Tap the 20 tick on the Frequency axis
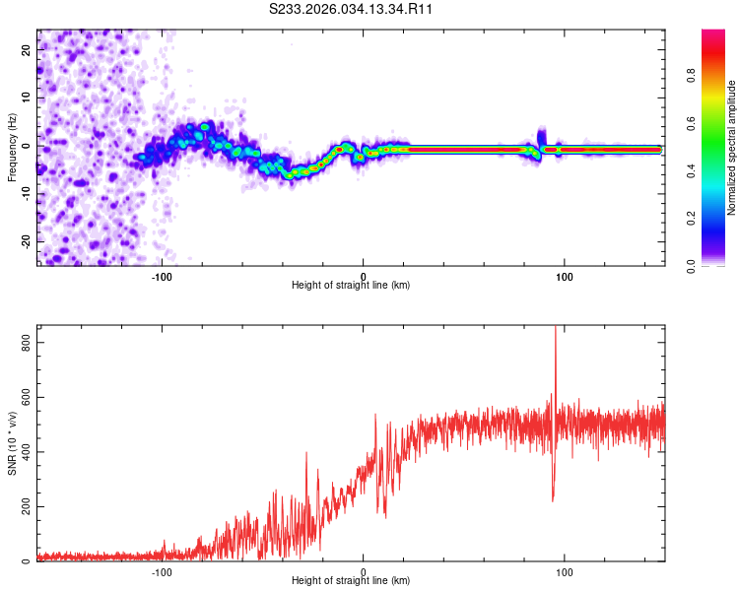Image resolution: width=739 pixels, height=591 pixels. tap(27, 49)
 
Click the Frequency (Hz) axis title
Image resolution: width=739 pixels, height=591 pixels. tap(12, 148)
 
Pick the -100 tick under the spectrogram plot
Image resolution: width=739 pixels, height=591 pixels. tap(162, 275)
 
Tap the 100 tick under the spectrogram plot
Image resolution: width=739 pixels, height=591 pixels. tap(565, 275)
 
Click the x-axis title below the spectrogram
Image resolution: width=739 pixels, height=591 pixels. tap(351, 286)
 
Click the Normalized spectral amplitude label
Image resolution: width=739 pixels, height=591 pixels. tap(731, 148)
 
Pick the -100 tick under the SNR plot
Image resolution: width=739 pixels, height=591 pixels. tap(162, 570)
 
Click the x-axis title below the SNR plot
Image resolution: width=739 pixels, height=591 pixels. tap(351, 581)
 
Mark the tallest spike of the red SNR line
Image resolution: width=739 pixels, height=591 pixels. tap(556, 329)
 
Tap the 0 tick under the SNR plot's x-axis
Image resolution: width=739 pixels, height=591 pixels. tap(363, 570)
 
